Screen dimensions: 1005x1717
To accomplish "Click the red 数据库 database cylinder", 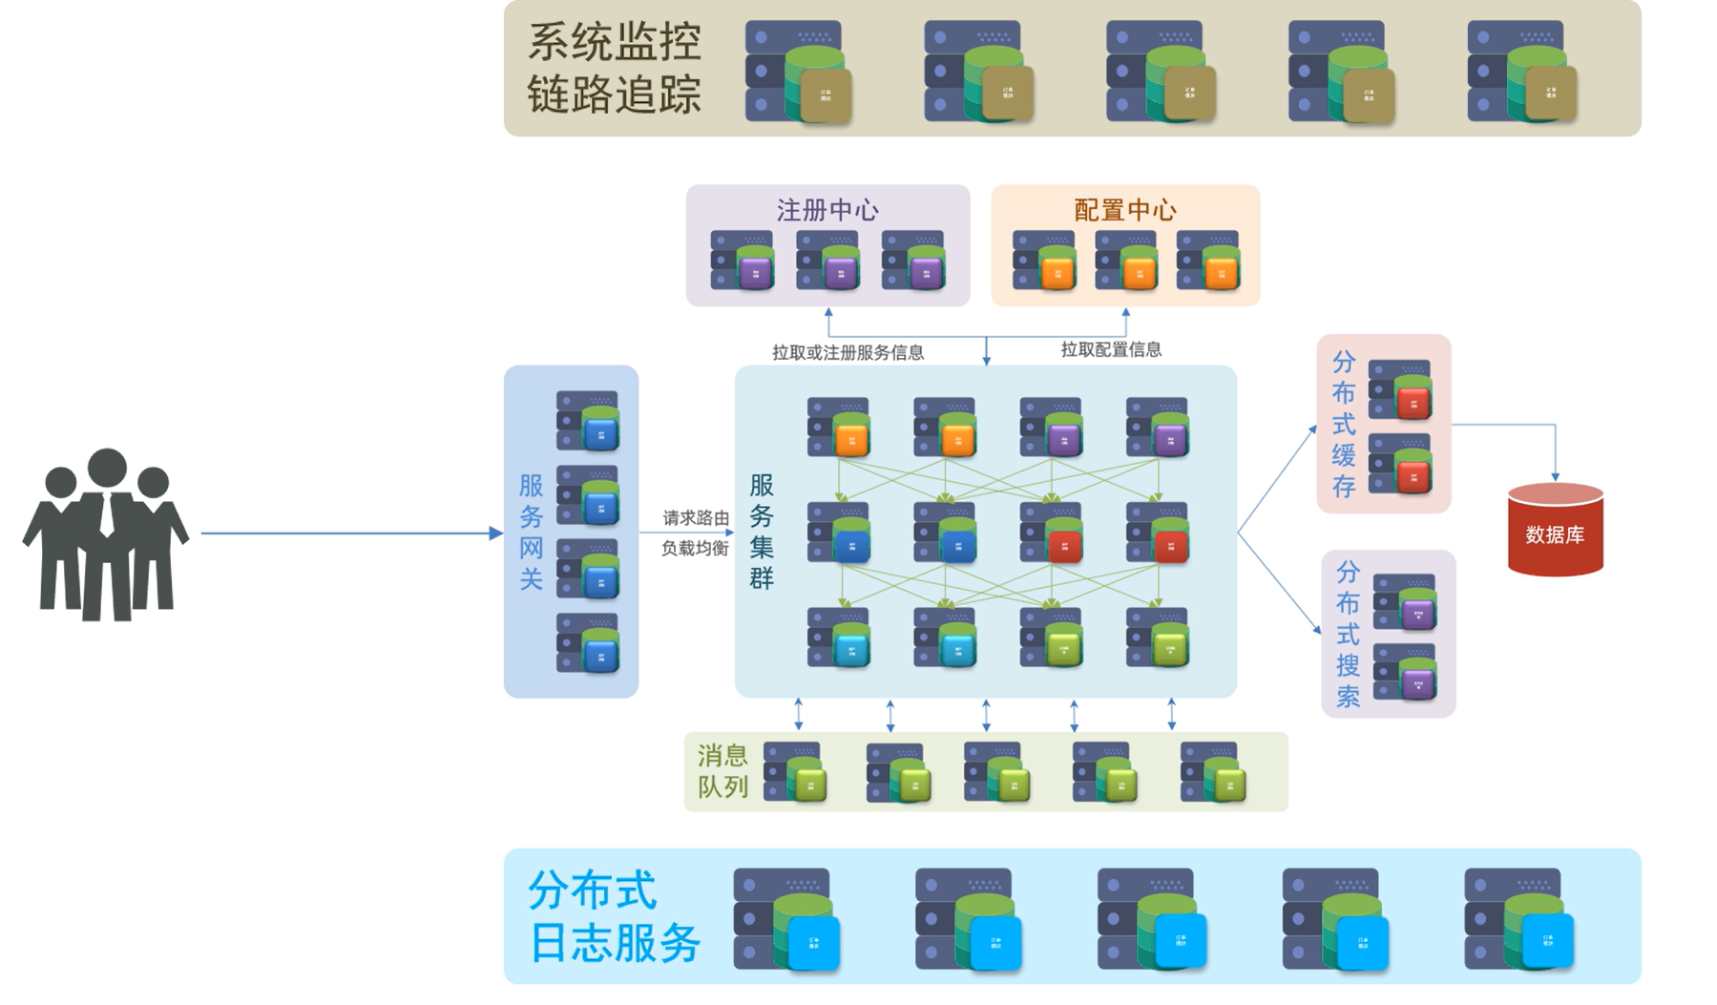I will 1555,531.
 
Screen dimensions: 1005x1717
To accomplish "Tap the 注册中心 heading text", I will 827,210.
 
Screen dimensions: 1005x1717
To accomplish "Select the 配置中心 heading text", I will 1125,210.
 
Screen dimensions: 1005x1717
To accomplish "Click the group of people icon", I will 105,534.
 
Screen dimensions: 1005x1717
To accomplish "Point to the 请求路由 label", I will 696,518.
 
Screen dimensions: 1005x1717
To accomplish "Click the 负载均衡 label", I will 695,549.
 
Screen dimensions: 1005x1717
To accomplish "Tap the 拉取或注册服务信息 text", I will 848,353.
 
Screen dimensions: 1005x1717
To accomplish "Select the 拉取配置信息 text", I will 1111,350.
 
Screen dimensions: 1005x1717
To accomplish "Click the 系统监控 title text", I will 615,42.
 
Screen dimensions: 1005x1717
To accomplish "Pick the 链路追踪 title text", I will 615,94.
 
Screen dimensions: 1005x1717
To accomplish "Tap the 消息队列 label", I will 722,771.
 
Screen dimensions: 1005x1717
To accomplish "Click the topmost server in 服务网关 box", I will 588,421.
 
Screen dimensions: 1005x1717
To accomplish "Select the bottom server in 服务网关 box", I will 588,643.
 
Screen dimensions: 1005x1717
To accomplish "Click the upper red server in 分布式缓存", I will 1400,390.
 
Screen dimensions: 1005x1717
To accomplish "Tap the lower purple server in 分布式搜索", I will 1405,673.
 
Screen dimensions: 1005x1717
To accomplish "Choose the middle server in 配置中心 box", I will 1126,260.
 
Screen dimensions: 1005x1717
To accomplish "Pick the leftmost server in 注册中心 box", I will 743,260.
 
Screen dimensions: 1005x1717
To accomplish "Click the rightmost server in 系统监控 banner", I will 1521,72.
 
